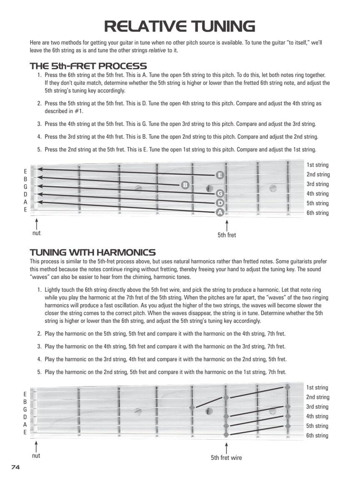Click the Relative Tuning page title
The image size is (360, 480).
(180, 26)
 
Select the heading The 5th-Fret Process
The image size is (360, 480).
(88, 66)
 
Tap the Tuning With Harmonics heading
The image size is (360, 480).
(92, 252)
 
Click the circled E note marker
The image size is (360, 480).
(220, 175)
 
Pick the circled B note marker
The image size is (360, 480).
(185, 185)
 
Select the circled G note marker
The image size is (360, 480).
(220, 193)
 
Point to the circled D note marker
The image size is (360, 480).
(220, 203)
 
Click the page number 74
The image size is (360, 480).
(15, 467)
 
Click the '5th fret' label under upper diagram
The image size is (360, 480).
(227, 235)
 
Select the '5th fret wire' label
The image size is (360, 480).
(226, 457)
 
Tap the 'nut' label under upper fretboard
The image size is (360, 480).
(37, 233)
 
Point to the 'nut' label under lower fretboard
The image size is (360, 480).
(37, 455)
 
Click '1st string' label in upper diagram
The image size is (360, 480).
(317, 165)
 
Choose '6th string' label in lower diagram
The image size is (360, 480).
(317, 435)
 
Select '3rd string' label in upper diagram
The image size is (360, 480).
(317, 184)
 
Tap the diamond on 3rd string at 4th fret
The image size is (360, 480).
(192, 407)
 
